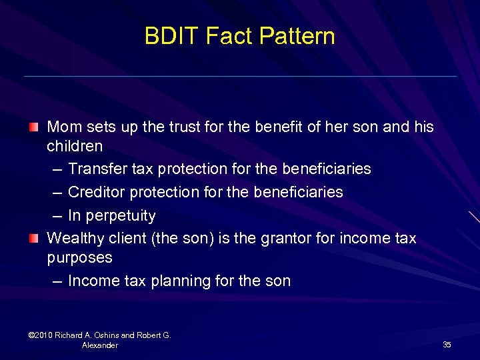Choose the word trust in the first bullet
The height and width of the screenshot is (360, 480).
coord(183,127)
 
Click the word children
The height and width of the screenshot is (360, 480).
coord(75,146)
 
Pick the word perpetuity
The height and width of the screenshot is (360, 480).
coord(120,216)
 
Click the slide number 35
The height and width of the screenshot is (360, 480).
coord(447,345)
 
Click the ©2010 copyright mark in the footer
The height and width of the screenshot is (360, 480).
coord(41,335)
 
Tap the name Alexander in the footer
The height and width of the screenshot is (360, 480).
coord(100,345)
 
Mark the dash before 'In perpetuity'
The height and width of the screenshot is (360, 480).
coord(57,216)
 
